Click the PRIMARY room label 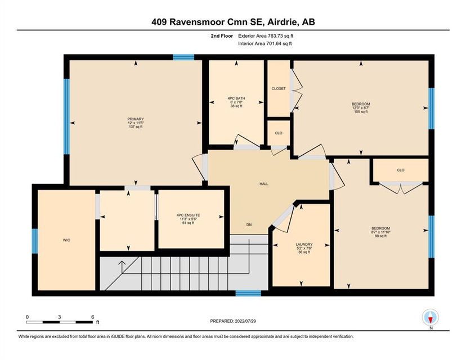(x=136, y=119)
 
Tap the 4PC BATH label (x=236, y=98)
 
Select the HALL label (x=264, y=184)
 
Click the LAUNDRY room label (x=304, y=245)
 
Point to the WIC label (x=66, y=240)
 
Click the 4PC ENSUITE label (x=188, y=215)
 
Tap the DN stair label (x=249, y=225)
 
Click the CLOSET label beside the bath (x=279, y=88)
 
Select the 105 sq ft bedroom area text (x=361, y=112)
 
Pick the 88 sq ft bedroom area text (x=380, y=236)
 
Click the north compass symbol (x=431, y=317)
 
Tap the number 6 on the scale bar (x=93, y=317)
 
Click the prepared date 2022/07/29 (x=245, y=321)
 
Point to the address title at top (x=233, y=22)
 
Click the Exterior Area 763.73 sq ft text (x=266, y=36)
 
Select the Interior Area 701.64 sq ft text (x=265, y=44)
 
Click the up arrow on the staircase (x=122, y=267)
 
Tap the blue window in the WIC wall (x=35, y=241)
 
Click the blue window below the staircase (x=248, y=294)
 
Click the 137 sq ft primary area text (x=136, y=127)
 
